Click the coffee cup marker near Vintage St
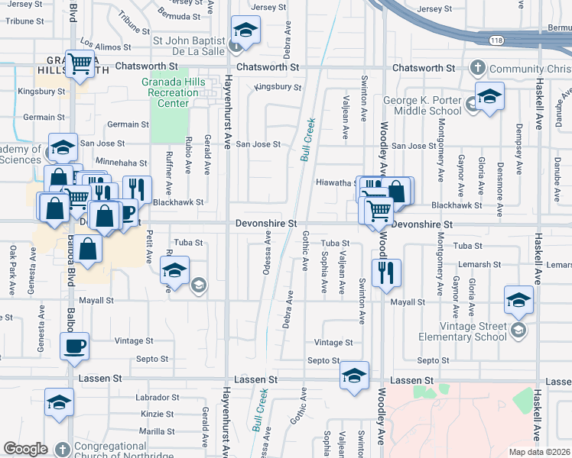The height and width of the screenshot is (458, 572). pos(75,345)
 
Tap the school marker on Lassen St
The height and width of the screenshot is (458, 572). pos(354,375)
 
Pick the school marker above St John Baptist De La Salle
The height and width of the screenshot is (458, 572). pos(244,30)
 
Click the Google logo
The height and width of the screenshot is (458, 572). pos(25,449)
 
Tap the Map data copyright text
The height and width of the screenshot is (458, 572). pos(539,452)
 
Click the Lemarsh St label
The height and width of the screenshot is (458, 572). pos(480,264)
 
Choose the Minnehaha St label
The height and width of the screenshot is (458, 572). pos(122,163)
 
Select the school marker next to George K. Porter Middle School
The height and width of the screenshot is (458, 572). pos(489,96)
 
